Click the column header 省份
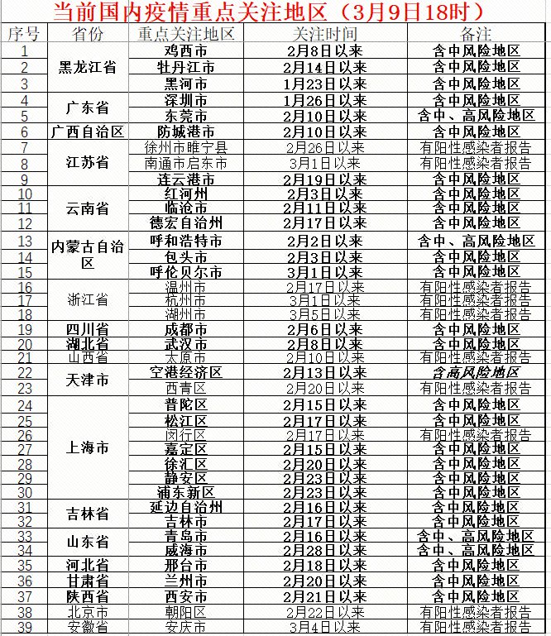coord(88,34)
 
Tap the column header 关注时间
coord(325,34)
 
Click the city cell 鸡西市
coord(186,51)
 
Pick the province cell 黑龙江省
coord(88,67)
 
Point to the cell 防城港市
coord(186,132)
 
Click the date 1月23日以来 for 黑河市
coord(325,84)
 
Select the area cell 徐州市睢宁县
coord(186,148)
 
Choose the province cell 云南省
coord(88,208)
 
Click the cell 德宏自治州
coord(186,223)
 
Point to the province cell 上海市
coord(88,448)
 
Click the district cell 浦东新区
coord(186,493)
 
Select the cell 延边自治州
coord(186,508)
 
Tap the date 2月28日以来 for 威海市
coord(325,551)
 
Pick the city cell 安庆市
coord(186,627)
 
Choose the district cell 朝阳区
coord(186,613)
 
